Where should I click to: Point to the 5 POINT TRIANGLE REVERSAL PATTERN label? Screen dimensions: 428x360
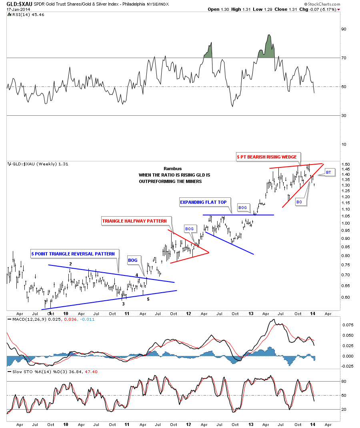(73, 254)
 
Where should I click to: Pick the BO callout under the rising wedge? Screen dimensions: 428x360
(299, 203)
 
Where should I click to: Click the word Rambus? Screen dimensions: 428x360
(172, 169)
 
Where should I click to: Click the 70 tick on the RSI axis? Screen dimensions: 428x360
(343, 58)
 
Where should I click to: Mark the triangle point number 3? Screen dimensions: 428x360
(123, 304)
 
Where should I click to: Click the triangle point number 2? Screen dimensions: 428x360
(70, 264)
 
